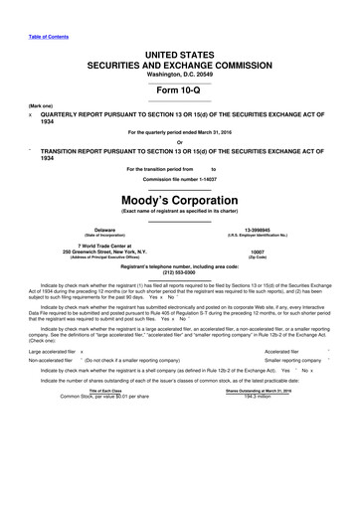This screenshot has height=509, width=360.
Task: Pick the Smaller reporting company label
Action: click(271, 419)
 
